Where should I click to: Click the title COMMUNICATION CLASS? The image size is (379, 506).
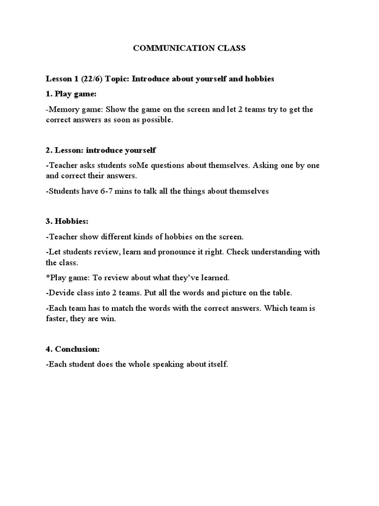pyautogui.click(x=189, y=48)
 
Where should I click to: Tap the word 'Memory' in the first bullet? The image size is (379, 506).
pyautogui.click(x=64, y=109)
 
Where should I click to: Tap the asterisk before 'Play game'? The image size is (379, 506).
pyautogui.click(x=47, y=277)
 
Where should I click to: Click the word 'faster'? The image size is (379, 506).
pyautogui.click(x=58, y=319)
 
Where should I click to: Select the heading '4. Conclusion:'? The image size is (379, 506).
pyautogui.click(x=73, y=349)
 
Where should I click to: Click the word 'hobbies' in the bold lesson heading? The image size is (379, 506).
pyautogui.click(x=255, y=79)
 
